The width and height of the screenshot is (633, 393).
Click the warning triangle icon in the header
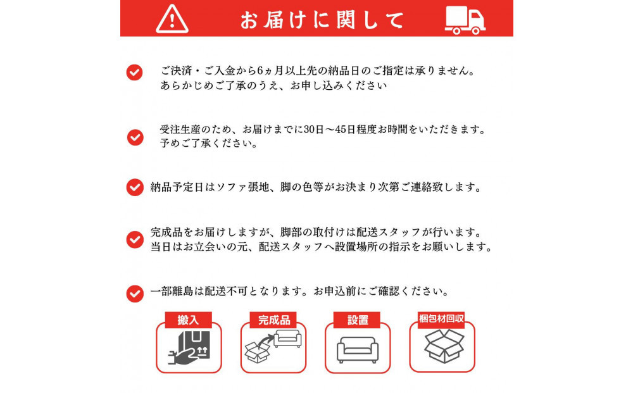click(172, 19)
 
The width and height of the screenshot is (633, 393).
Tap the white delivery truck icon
click(465, 19)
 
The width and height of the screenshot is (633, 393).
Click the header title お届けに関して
click(322, 20)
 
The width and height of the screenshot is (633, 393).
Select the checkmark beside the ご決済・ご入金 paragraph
click(134, 72)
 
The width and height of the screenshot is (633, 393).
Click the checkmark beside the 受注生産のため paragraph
click(135, 137)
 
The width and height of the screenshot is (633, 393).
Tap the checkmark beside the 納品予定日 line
click(134, 187)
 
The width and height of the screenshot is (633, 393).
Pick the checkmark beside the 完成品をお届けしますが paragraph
click(134, 239)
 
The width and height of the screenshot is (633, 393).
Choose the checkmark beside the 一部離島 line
click(134, 293)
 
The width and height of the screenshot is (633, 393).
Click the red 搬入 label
click(188, 320)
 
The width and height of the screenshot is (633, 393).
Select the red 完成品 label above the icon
click(273, 320)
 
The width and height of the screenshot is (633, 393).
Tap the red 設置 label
click(358, 320)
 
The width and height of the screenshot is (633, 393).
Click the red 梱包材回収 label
click(442, 318)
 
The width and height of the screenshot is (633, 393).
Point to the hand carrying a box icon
click(189, 349)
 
